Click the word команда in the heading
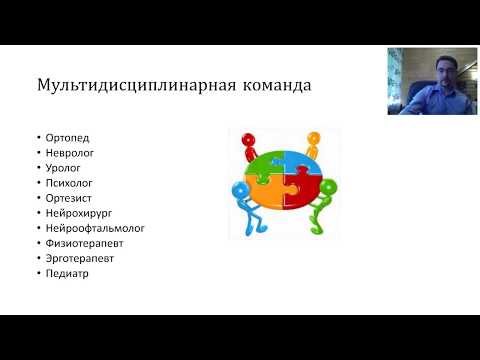tap(273, 84)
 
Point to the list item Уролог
tap(58, 170)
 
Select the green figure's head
tap(329, 186)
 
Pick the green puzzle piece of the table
tap(264, 162)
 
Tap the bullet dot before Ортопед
tap(35, 137)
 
